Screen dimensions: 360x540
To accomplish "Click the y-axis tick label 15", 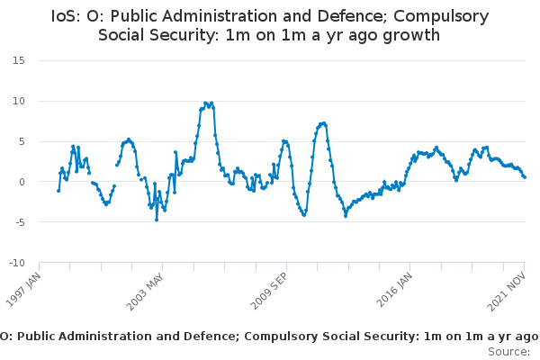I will (x=18, y=60).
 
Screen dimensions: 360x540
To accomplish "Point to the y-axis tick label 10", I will (x=18, y=101).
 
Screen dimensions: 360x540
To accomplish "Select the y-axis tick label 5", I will (x=21, y=141).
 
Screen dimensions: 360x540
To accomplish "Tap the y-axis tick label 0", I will (x=21, y=182).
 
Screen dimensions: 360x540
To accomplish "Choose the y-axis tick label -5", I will (x=19, y=222).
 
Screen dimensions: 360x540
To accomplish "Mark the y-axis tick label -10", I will (x=16, y=263).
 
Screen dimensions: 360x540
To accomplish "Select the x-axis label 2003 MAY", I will (x=148, y=290).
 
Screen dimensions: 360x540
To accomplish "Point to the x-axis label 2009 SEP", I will (x=271, y=290).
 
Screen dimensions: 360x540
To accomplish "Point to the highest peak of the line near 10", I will (x=206, y=103).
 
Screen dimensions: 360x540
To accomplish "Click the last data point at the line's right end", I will (x=525, y=176).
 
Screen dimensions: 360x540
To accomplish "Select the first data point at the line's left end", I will (x=58, y=190).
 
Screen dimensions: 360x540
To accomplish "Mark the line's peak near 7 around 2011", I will (x=322, y=123).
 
